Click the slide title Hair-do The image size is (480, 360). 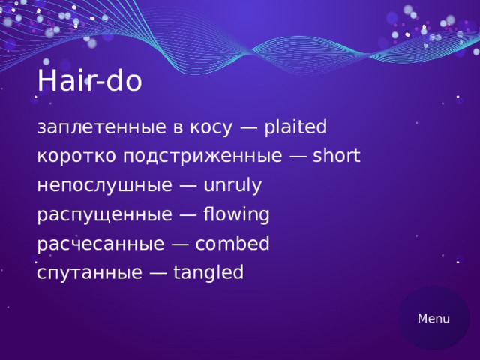point(89,82)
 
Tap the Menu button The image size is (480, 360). point(433,318)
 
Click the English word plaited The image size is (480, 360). point(296,128)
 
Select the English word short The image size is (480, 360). point(337,157)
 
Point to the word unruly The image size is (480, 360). point(232,186)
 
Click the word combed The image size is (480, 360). point(232,244)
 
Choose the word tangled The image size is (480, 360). point(208,273)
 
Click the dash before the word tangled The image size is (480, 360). point(158,273)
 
